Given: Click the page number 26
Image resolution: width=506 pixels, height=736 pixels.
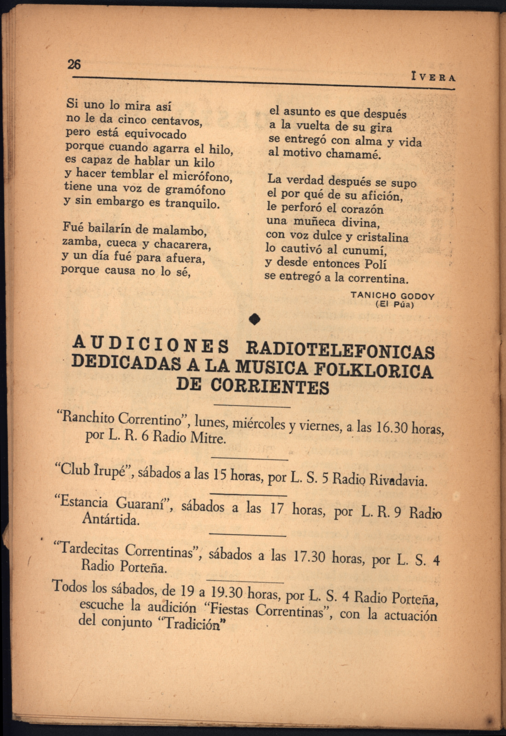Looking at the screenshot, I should (x=74, y=64).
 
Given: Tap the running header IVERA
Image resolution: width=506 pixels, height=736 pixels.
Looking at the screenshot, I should (x=433, y=77).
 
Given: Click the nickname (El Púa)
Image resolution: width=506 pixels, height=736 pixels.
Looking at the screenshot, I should (x=395, y=305).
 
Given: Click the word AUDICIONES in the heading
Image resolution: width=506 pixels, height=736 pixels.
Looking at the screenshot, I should (x=151, y=344).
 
